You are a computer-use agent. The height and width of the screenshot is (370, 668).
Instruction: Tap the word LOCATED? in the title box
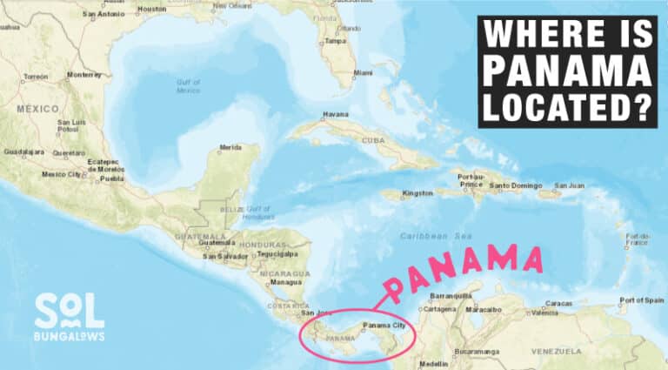point(568,108)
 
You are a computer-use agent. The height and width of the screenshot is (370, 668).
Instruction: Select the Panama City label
point(384,325)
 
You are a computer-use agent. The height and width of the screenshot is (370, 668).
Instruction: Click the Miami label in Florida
point(363,72)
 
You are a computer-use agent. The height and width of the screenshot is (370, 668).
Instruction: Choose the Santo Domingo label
point(513,185)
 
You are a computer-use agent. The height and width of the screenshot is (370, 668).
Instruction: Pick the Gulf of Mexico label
point(188,86)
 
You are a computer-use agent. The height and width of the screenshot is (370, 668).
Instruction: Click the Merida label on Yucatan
point(230,147)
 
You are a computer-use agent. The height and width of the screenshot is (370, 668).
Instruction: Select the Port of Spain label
point(642,299)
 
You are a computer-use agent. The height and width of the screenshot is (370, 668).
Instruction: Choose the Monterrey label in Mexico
point(84,75)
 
